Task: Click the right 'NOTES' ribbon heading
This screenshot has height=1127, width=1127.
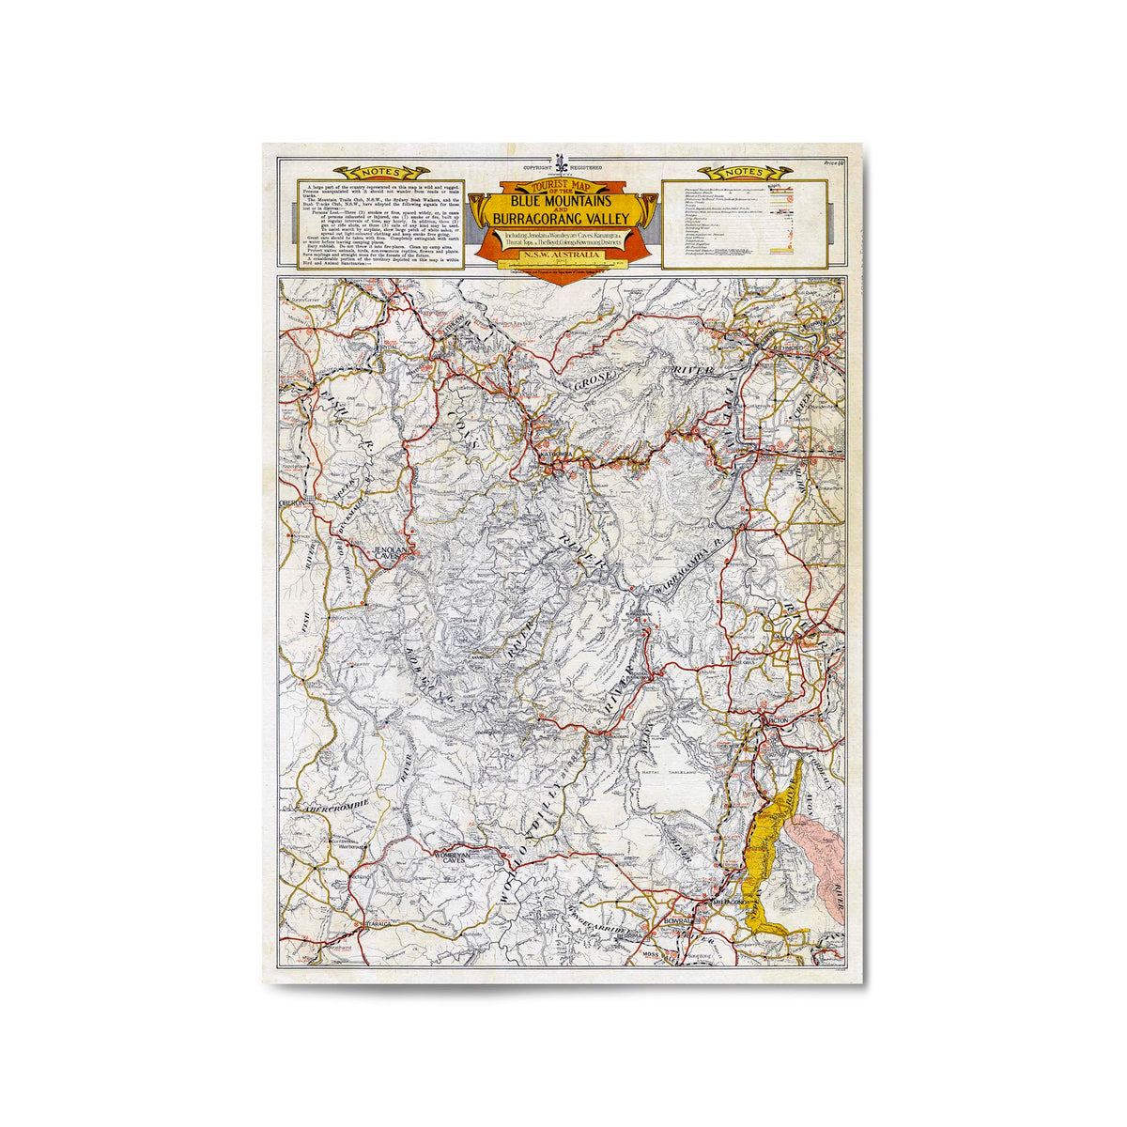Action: pyautogui.click(x=745, y=173)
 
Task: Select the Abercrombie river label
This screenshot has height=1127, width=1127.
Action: pyautogui.click(x=325, y=807)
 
